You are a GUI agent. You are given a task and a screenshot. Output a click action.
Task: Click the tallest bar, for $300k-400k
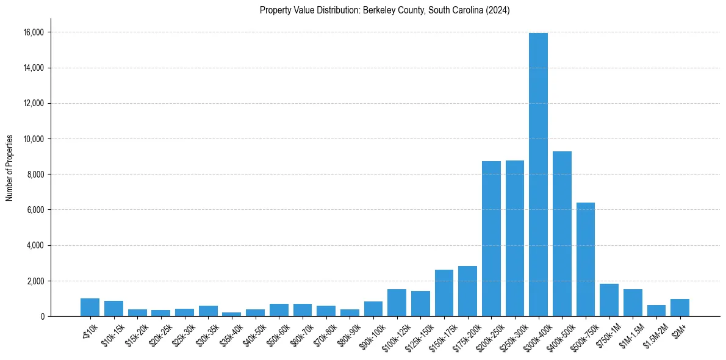click(538, 175)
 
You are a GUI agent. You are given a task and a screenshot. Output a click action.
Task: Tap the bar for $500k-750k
click(586, 259)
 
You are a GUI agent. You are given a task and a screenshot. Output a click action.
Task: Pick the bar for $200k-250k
click(491, 239)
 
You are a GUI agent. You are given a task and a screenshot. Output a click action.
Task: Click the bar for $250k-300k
click(515, 239)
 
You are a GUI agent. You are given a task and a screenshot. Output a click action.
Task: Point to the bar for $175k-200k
click(467, 291)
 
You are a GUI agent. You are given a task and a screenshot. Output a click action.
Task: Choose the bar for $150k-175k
click(444, 293)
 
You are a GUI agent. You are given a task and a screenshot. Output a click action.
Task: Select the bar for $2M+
click(680, 308)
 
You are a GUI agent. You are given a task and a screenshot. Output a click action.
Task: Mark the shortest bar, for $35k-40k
click(232, 314)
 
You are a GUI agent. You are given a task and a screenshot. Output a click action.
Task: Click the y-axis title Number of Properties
click(10, 167)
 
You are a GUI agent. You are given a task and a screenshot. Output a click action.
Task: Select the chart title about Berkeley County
click(384, 10)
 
